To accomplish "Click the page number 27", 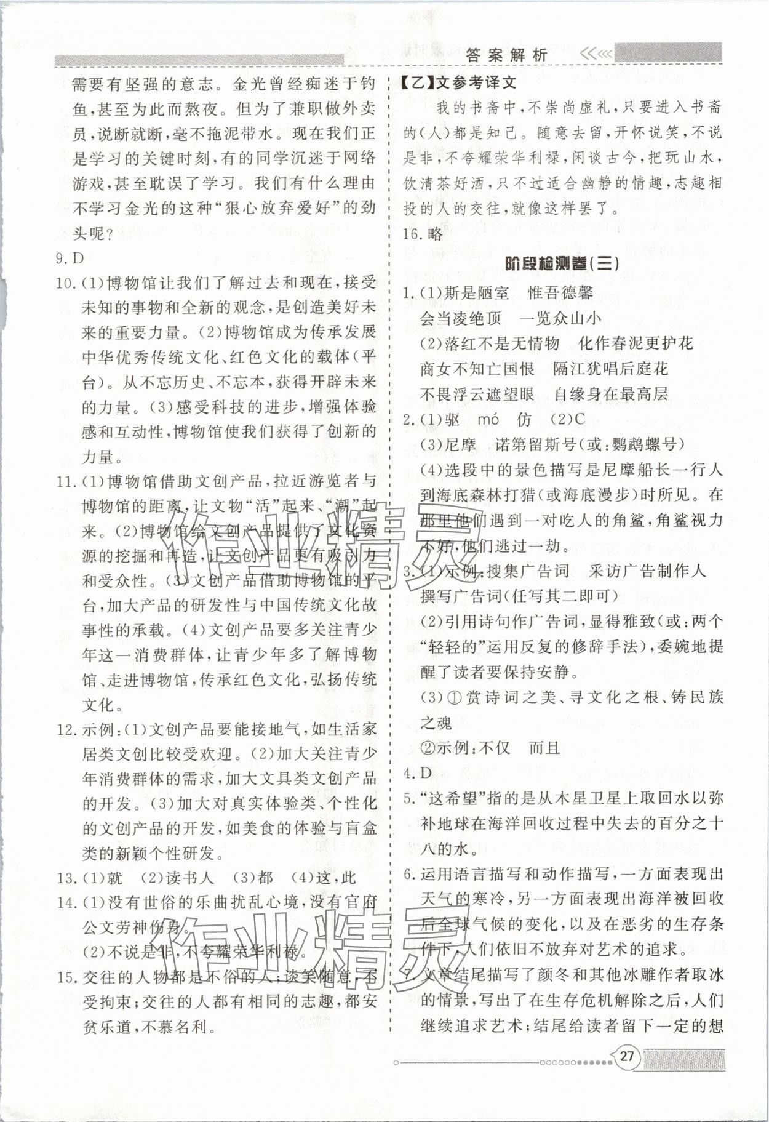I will click(x=626, y=1057).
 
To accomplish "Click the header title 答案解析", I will click(x=506, y=54).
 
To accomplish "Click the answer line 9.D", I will click(x=69, y=258).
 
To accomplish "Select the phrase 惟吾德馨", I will click(x=560, y=293).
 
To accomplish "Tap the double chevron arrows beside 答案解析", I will click(x=595, y=54).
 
